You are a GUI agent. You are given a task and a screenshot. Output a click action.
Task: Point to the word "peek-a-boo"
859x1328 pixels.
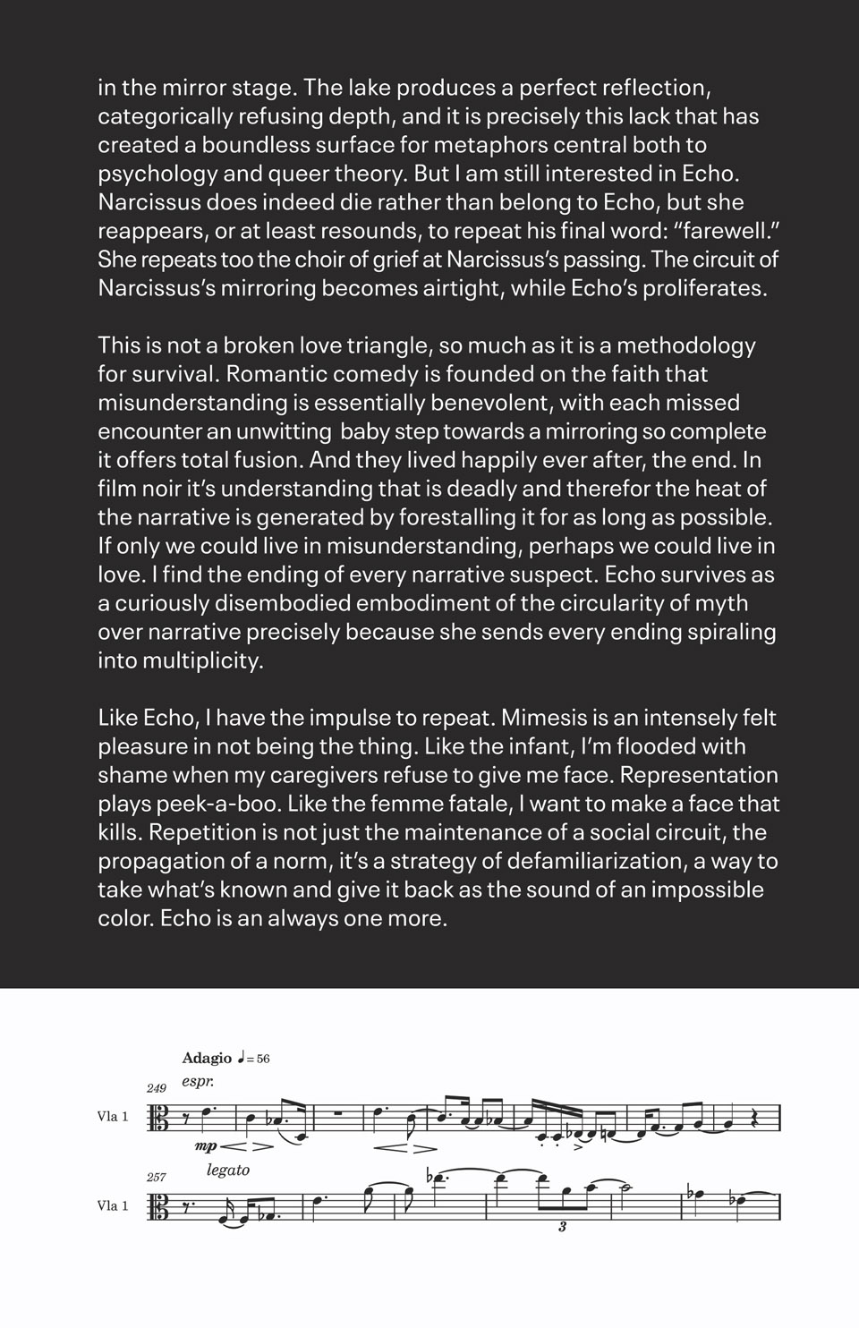tap(220, 804)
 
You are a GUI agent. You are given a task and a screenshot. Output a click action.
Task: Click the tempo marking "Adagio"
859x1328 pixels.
tap(207, 1058)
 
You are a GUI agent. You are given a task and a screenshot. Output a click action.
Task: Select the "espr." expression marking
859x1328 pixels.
tap(197, 1082)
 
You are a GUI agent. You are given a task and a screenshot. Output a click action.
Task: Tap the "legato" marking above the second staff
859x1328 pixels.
tap(227, 1170)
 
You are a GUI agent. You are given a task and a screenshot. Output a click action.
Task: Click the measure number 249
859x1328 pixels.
tap(157, 1088)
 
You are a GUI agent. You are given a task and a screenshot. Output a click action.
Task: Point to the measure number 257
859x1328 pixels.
tap(157, 1177)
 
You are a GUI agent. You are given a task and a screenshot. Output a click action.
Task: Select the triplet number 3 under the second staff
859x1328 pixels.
tap(562, 1227)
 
